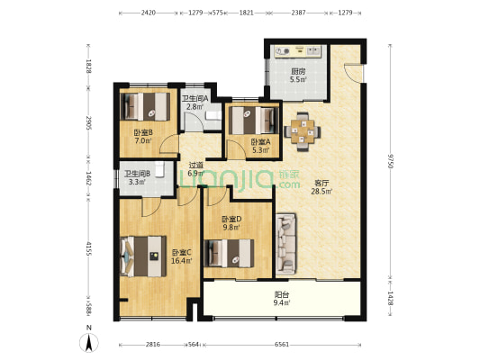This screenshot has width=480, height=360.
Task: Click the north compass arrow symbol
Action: click(x=89, y=343)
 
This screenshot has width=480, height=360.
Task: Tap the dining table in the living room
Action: click(x=303, y=131)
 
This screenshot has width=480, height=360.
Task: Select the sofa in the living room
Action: click(x=285, y=244)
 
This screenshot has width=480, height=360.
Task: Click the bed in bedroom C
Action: click(x=143, y=256)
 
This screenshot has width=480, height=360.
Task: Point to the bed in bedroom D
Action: click(x=230, y=254)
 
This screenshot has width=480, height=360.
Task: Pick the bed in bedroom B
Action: click(x=145, y=106)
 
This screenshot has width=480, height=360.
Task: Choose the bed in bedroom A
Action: click(x=253, y=121)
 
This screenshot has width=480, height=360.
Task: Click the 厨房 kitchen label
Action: click(x=298, y=72)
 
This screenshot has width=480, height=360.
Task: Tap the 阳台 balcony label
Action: click(x=282, y=295)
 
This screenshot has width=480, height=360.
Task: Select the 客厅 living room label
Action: click(x=322, y=184)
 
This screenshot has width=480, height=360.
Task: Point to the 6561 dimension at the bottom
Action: click(x=282, y=345)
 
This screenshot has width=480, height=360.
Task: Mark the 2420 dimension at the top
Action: click(x=149, y=13)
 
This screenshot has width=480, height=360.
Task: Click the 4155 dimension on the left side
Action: click(x=89, y=248)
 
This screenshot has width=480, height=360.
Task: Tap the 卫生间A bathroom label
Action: click(x=195, y=98)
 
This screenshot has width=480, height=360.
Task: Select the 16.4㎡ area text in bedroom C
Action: click(x=182, y=261)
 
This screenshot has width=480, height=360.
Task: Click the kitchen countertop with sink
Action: click(x=297, y=51)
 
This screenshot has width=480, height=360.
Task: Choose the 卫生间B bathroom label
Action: click(x=137, y=174)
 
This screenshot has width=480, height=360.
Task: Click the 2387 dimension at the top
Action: click(x=298, y=13)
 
